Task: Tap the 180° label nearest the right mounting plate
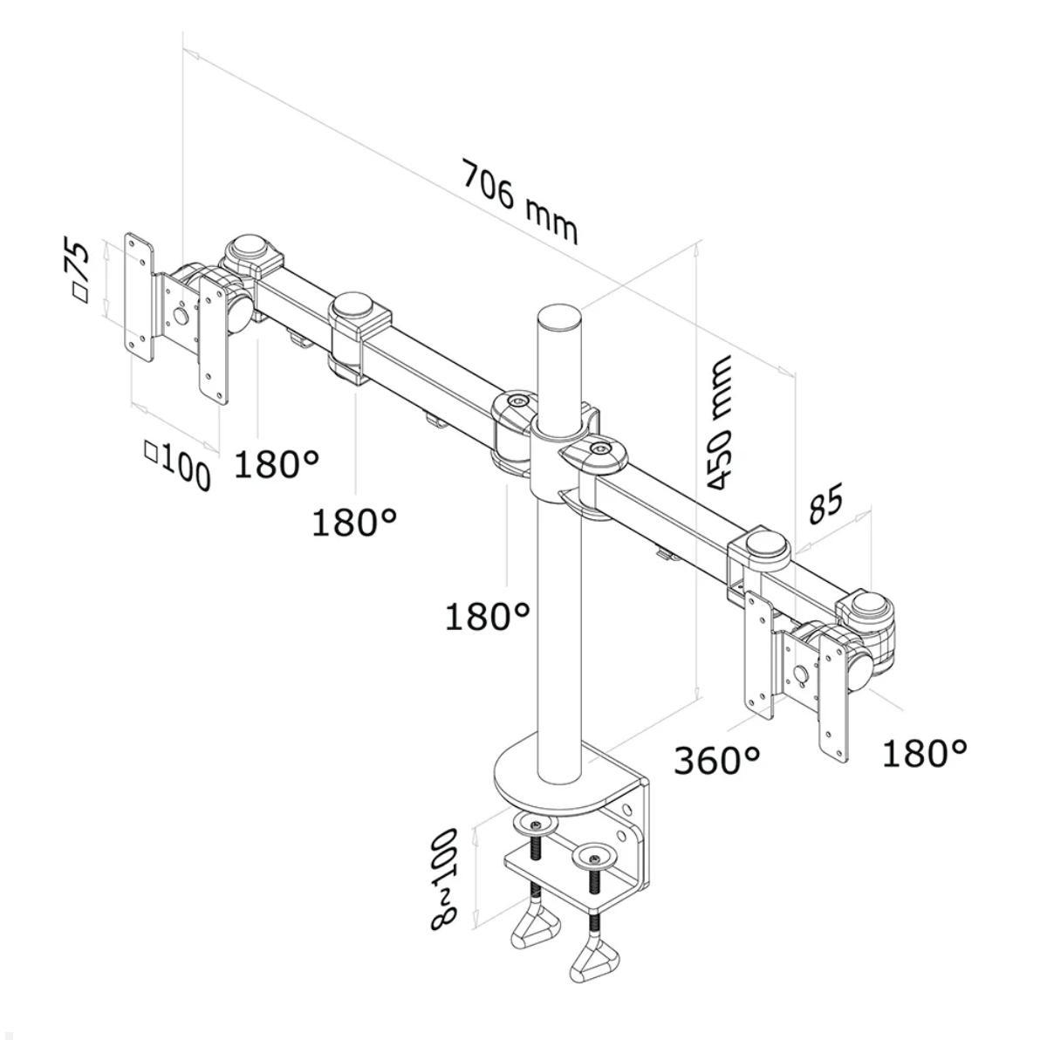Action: [x=924, y=751]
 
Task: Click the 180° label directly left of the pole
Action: [x=488, y=616]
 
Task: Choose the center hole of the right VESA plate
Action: [x=801, y=674]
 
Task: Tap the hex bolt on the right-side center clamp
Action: [x=598, y=448]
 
